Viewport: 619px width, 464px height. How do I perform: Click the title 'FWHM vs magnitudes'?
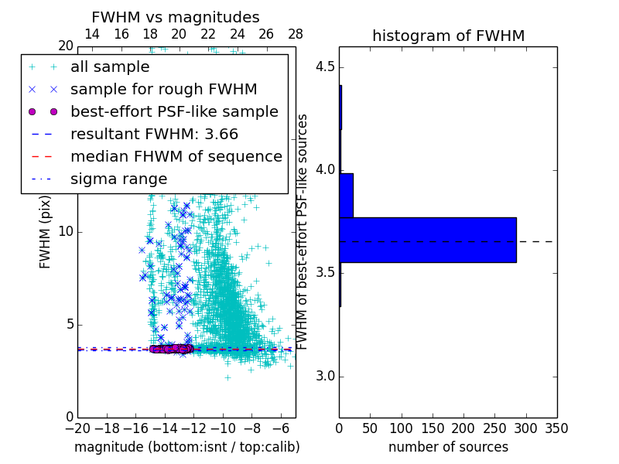tap(175, 17)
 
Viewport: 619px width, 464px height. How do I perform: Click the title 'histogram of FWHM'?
tap(448, 36)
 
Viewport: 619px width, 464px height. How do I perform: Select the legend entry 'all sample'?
tap(110, 67)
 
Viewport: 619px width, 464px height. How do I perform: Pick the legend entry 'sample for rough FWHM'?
tap(163, 90)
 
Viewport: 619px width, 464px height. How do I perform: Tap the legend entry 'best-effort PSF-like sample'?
tap(174, 111)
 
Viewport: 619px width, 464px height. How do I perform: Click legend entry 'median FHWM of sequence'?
tap(176, 156)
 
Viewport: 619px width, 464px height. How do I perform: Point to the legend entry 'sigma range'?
tap(118, 179)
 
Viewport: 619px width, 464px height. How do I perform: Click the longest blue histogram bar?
tap(428, 240)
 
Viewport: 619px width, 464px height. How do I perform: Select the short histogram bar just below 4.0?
tap(347, 195)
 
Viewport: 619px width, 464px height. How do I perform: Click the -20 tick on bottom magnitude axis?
tap(77, 428)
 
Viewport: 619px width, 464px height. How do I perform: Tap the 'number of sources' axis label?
tap(448, 447)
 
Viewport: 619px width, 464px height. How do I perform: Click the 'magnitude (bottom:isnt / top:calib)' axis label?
tap(186, 447)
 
